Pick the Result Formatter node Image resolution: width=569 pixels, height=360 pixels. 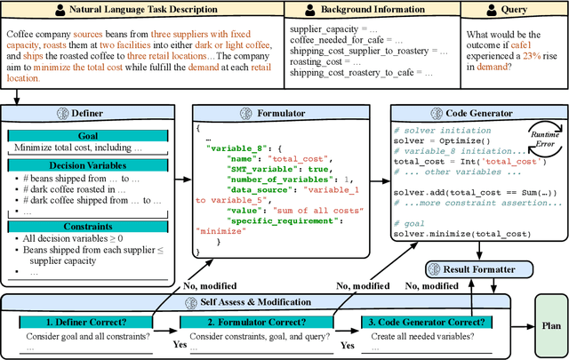click(481, 268)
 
